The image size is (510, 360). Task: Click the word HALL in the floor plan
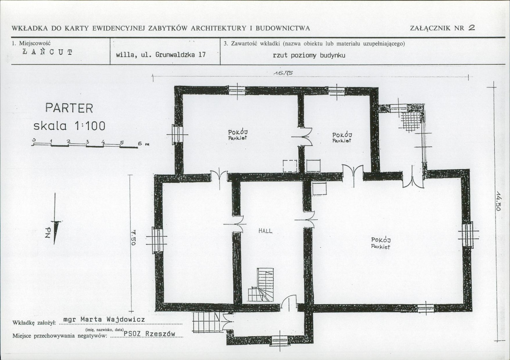265,231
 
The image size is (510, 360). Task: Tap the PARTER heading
69,108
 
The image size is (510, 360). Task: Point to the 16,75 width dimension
283,73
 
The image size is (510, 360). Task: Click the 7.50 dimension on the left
133,238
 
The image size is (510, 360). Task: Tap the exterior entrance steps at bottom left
207,322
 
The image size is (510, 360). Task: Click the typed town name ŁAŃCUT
48,52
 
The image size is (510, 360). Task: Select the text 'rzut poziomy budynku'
309,55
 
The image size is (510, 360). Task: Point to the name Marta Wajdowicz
113,320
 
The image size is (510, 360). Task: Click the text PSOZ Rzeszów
150,333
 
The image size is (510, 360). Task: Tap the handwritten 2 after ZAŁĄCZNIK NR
471,28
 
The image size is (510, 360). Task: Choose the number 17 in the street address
202,55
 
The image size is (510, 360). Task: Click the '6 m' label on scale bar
144,144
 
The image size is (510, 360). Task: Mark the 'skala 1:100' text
69,126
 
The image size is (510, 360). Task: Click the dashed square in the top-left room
290,166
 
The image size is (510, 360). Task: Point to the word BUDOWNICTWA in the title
283,28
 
